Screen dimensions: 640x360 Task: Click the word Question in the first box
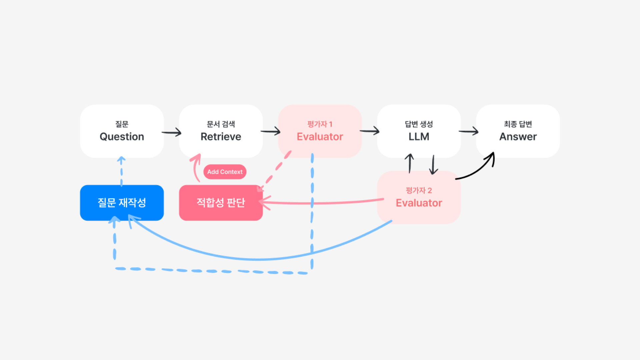(x=122, y=137)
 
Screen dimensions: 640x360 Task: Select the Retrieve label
(x=221, y=137)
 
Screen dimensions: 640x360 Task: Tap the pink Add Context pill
(x=225, y=172)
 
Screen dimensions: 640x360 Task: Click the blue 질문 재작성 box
(x=122, y=203)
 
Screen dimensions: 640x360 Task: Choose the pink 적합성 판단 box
(x=221, y=203)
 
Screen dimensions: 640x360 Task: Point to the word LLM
(x=419, y=137)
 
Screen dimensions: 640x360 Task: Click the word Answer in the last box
(x=518, y=137)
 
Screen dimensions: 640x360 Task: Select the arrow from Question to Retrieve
(x=171, y=132)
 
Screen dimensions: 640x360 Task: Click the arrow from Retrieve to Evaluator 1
(x=271, y=131)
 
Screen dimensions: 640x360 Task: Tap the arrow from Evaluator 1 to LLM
(x=370, y=131)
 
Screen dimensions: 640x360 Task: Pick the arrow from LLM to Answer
(x=469, y=131)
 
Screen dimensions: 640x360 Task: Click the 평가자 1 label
(x=320, y=124)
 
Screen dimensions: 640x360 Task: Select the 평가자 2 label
(x=419, y=190)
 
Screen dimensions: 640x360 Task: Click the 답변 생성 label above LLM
(x=419, y=124)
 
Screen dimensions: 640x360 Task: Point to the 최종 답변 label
(x=518, y=124)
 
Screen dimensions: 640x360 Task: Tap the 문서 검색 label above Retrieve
(x=221, y=124)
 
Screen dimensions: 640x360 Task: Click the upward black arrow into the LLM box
(x=409, y=163)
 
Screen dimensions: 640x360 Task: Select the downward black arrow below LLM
(x=433, y=165)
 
